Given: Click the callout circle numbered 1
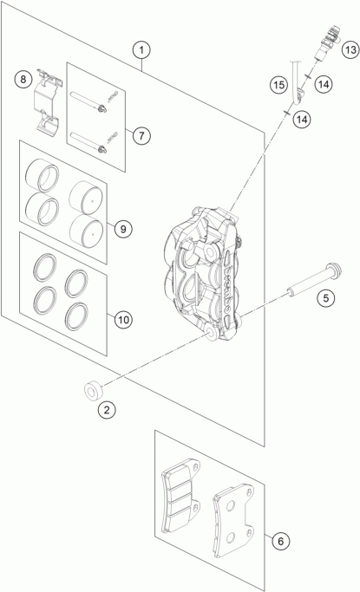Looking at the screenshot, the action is click(x=141, y=49).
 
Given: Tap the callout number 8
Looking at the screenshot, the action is click(x=23, y=80).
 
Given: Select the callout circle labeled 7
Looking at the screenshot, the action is click(x=141, y=135).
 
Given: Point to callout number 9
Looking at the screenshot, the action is click(x=123, y=229).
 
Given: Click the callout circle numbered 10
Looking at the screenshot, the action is click(x=123, y=320).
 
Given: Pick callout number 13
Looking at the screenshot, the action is click(x=350, y=49).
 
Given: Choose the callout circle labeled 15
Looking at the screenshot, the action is click(x=278, y=85).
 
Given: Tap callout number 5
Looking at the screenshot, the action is click(x=325, y=298).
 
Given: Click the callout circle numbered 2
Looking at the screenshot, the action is click(x=107, y=410).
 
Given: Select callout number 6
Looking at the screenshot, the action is click(x=280, y=542).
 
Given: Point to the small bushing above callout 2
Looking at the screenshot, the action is click(x=93, y=391).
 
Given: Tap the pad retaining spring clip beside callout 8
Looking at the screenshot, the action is click(x=48, y=101).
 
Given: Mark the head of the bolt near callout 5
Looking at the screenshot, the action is click(x=334, y=270).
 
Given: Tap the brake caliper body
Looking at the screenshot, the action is click(x=203, y=274).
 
